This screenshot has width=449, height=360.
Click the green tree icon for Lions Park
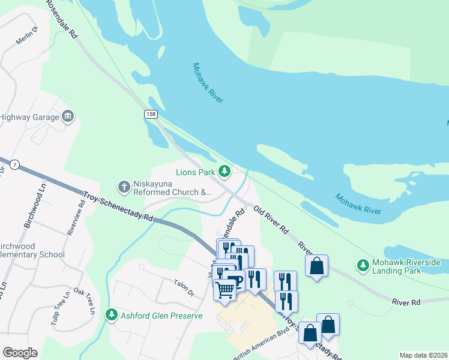[224, 172]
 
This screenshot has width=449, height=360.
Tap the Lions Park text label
[195, 172]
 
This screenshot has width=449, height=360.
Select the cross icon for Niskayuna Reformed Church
[124, 187]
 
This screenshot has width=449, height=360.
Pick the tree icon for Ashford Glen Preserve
[111, 314]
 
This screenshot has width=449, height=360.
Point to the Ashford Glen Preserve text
[161, 315]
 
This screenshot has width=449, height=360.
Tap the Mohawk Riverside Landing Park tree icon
[363, 265]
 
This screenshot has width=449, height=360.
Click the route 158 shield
[151, 113]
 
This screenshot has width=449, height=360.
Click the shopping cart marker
[225, 290]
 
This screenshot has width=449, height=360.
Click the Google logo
[20, 352]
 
